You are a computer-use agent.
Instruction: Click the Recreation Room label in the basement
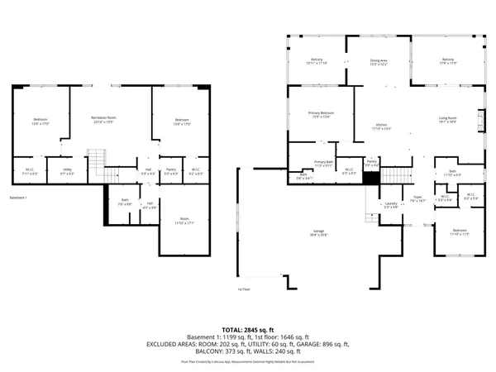103,118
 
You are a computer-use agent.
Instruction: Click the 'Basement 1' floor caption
18,198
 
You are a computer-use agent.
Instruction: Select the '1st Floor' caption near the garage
244,289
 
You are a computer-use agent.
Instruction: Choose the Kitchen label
380,126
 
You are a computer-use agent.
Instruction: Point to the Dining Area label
379,60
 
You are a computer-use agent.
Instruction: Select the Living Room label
448,118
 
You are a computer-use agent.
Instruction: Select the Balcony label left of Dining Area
317,60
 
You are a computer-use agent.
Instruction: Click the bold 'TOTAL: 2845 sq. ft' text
248,329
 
